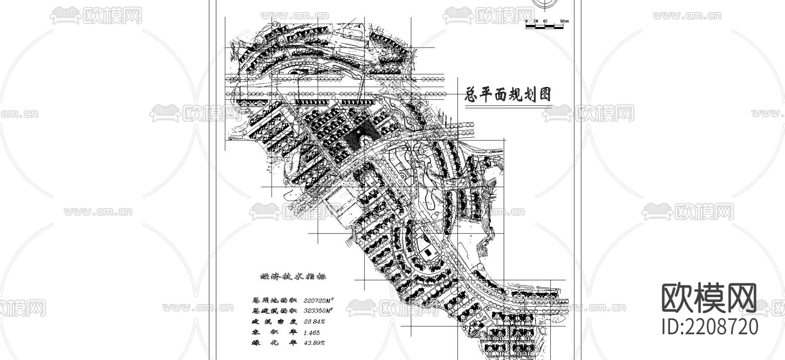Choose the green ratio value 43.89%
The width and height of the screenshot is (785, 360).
314,343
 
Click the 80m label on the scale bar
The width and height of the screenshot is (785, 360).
564,21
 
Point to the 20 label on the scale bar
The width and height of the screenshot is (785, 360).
536,21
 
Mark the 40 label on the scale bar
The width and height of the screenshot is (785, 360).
545,21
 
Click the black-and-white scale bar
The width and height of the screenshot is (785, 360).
545,27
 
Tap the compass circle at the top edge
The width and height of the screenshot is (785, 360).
546,3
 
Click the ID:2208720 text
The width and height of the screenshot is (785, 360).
710,326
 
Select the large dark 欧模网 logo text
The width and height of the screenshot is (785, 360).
710,299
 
